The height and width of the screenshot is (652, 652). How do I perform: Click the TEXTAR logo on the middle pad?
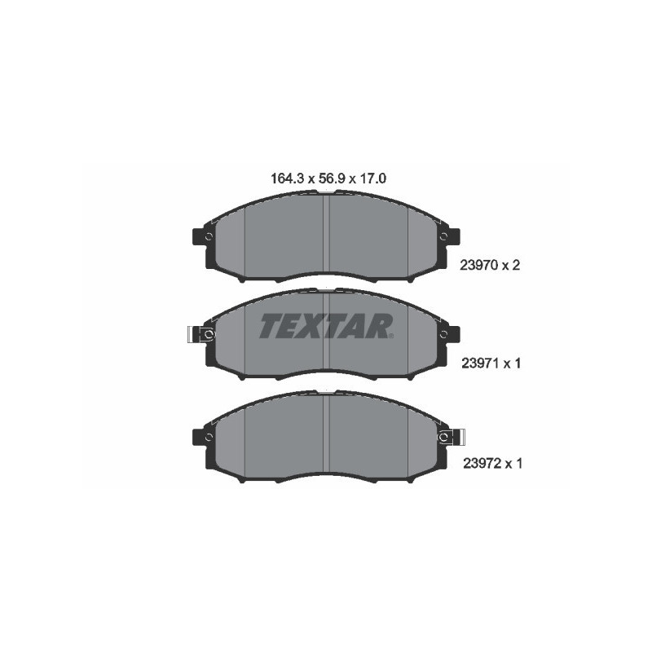click(327, 326)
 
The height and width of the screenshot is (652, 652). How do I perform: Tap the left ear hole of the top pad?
click(209, 236)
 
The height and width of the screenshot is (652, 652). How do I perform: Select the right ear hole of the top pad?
click(444, 236)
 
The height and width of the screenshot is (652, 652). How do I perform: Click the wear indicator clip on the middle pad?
click(196, 334)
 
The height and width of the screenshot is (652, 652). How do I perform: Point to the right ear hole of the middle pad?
click(444, 334)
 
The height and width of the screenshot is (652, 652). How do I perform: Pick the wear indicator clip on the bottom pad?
click(456, 437)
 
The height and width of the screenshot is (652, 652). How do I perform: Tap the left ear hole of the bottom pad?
click(209, 437)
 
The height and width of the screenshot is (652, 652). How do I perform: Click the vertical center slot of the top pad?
click(326, 236)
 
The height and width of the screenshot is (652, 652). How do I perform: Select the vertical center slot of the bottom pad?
click(326, 436)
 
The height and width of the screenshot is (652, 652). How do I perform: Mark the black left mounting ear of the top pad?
click(198, 237)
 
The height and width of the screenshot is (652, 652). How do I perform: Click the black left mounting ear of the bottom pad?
click(198, 438)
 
